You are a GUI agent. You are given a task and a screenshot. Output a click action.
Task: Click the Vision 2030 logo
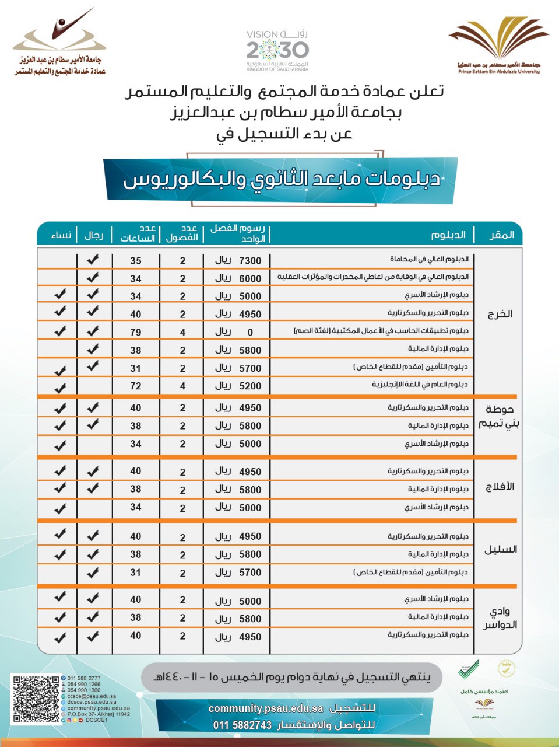click(x=277, y=50)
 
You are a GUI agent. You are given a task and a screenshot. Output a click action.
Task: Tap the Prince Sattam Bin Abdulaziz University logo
click(x=499, y=47)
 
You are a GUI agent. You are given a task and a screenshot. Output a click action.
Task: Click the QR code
click(x=36, y=699)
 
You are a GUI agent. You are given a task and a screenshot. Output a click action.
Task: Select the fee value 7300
click(x=250, y=261)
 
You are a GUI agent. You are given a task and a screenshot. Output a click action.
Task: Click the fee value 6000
click(x=250, y=279)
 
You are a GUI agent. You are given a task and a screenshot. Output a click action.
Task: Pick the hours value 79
click(x=136, y=332)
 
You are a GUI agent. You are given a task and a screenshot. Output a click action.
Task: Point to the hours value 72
click(x=136, y=386)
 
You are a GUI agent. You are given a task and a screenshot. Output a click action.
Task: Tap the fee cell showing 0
click(x=250, y=333)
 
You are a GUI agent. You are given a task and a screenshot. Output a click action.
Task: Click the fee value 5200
click(x=250, y=386)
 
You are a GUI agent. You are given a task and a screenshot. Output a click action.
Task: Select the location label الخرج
click(x=500, y=315)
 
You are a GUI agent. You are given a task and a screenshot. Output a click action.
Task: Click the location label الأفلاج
click(x=500, y=487)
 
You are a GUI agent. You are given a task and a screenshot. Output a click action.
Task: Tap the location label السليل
click(x=500, y=550)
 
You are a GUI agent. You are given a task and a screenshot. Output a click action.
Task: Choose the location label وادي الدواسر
click(x=500, y=618)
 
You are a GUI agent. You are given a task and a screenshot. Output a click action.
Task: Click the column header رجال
click(x=93, y=235)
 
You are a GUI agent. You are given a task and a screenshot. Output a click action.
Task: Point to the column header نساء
click(x=61, y=235)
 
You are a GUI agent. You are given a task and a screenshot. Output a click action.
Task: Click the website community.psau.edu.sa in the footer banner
click(x=266, y=708)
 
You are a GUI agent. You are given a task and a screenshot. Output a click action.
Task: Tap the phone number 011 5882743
click(x=242, y=725)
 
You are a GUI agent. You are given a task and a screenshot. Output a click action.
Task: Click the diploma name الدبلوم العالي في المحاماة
click(x=429, y=259)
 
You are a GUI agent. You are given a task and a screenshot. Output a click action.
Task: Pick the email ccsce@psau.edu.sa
click(x=92, y=696)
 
